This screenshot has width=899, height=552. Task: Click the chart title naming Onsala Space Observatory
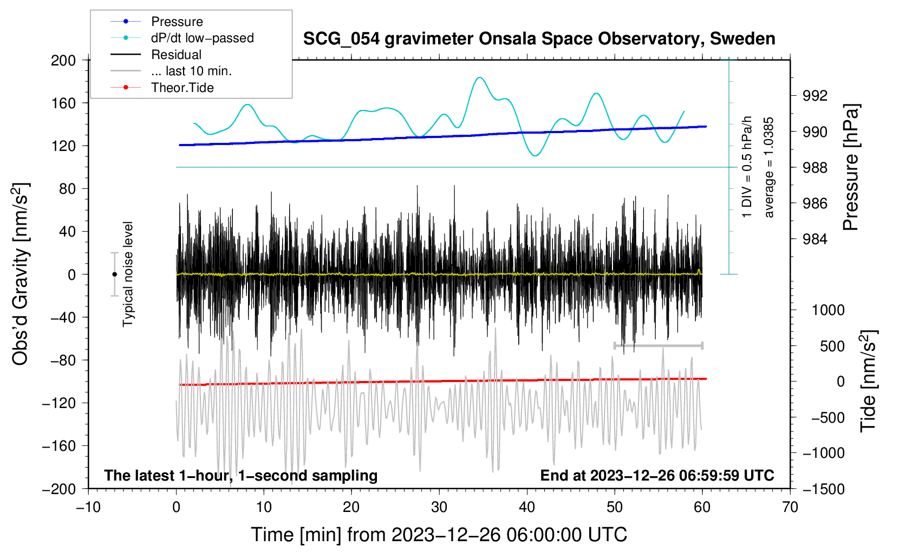pos(539,39)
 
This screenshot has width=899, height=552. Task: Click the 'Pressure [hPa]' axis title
pos(851,167)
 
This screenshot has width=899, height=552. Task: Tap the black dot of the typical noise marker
pos(114,274)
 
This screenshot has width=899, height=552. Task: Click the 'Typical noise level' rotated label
pos(128,274)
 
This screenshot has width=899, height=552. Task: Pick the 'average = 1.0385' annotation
pos(768,167)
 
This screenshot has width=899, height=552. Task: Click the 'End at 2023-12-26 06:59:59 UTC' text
pos(657,475)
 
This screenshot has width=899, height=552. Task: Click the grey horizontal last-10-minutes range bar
pos(658,345)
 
